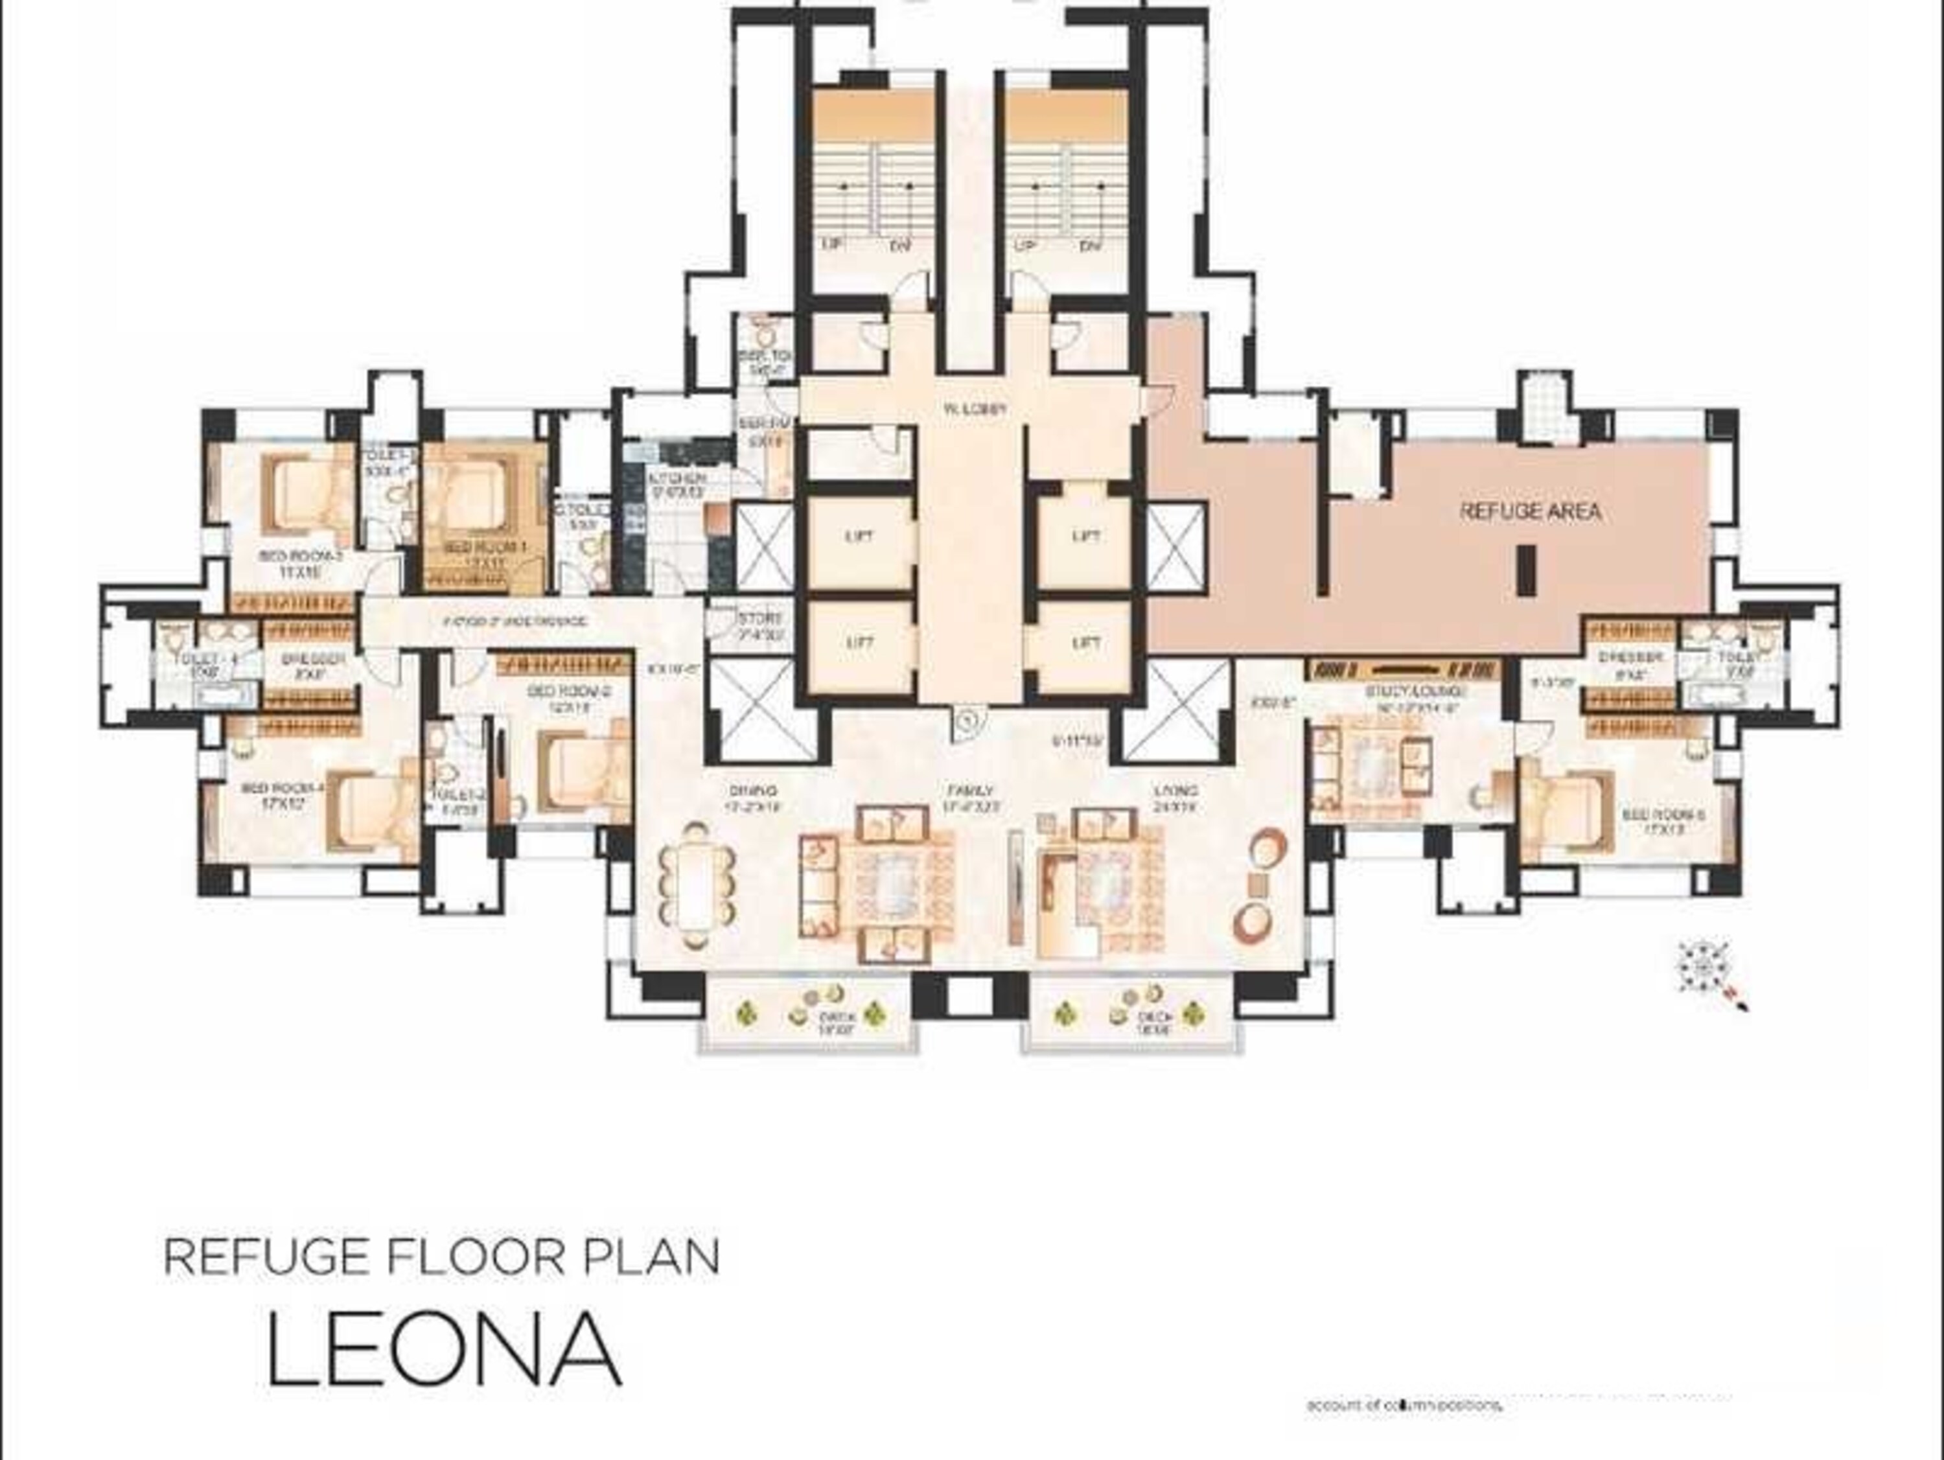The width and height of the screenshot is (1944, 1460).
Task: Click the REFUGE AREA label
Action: tap(1529, 511)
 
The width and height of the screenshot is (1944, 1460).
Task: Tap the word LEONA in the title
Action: tap(444, 1350)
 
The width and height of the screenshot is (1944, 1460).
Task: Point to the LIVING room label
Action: tap(1175, 791)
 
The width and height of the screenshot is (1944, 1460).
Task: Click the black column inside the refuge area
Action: tap(1527, 572)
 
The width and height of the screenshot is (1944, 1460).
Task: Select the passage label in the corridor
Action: tap(514, 621)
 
